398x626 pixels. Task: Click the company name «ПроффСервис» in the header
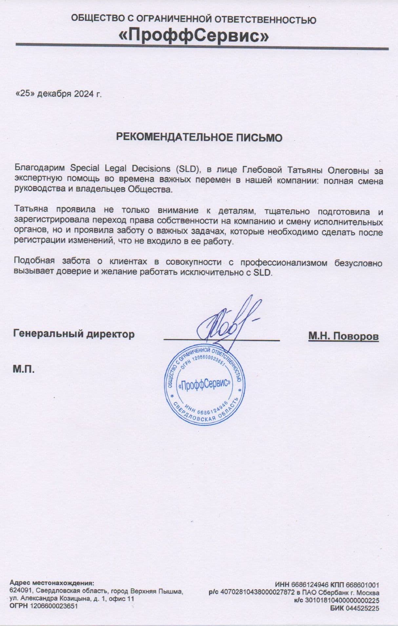pyautogui.click(x=194, y=36)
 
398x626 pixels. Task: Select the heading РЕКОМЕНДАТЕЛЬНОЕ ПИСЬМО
pyautogui.click(x=199, y=137)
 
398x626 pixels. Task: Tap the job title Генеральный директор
pyautogui.click(x=74, y=334)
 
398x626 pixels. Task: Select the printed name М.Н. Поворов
pyautogui.click(x=343, y=336)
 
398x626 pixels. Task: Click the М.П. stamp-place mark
pyautogui.click(x=24, y=369)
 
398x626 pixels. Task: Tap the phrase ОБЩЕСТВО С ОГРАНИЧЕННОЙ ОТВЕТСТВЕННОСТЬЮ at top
pyautogui.click(x=194, y=19)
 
